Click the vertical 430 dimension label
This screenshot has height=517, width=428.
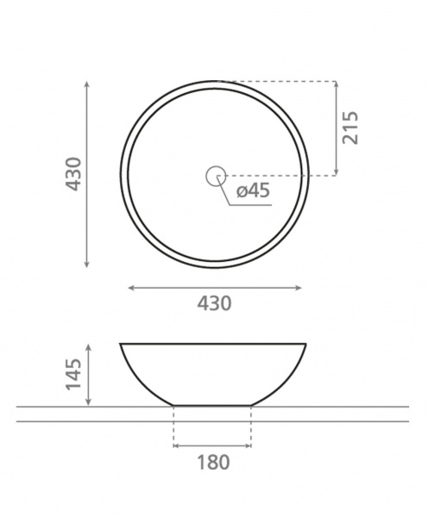73,174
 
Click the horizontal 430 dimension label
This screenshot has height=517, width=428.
214,303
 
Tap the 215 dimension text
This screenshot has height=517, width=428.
350,128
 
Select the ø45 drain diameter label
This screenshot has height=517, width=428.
254,190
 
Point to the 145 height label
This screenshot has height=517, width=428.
73,374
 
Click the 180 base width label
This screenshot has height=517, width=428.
213,462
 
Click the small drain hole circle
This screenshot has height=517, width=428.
216,176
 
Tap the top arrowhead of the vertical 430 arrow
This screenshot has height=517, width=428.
87,84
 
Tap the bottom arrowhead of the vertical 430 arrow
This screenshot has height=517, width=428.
87,265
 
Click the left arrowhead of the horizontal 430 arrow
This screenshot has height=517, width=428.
131,288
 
